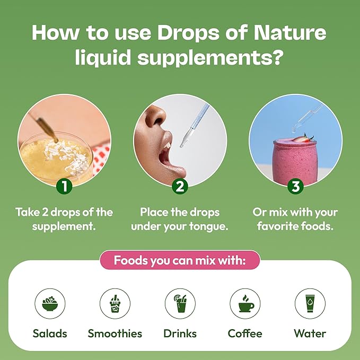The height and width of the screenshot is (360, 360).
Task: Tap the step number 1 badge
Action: (x=64, y=186)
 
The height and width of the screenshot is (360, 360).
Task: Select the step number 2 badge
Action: (x=180, y=186)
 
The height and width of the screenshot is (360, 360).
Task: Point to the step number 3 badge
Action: (x=295, y=186)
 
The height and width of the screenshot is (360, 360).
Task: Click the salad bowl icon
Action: (x=50, y=303)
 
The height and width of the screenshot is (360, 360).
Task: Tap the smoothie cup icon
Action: (x=115, y=303)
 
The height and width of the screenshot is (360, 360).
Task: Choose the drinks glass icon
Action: (x=180, y=303)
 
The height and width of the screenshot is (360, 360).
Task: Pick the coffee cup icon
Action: (x=245, y=303)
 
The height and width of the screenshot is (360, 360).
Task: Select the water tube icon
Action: (x=310, y=303)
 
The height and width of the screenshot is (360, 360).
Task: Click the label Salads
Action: (x=50, y=333)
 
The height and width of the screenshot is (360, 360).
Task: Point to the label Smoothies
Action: (x=115, y=333)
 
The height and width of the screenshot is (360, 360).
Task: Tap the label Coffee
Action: (x=245, y=333)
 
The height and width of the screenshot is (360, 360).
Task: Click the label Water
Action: (x=310, y=333)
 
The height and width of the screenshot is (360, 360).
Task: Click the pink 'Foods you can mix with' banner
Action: (x=180, y=260)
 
